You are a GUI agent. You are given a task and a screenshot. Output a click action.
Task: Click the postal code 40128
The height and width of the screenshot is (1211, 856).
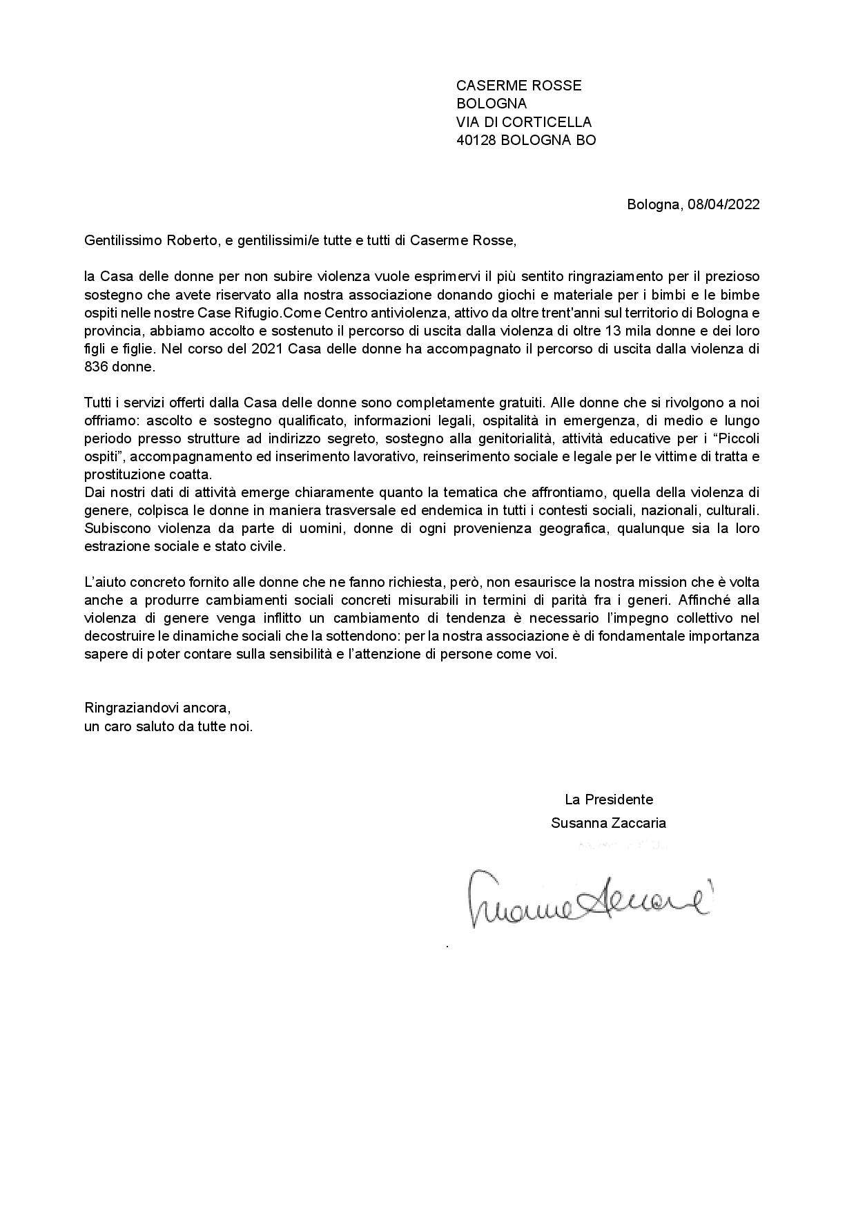(x=476, y=140)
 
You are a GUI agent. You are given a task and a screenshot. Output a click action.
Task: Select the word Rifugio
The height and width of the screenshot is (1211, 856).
(x=259, y=313)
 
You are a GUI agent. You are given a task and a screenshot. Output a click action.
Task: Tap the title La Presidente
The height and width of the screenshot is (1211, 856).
(x=609, y=800)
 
